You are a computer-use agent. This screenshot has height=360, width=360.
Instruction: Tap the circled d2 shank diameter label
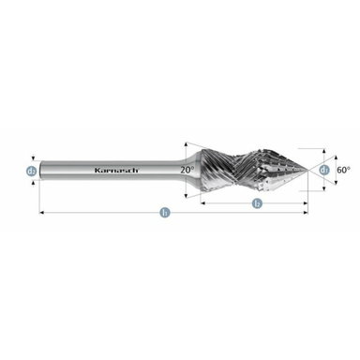pyautogui.click(x=32, y=170)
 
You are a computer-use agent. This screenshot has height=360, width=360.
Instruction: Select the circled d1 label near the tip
pyautogui.click(x=323, y=170)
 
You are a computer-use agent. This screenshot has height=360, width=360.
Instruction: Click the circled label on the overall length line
pyautogui.click(x=165, y=215)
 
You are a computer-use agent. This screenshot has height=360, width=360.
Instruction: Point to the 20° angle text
pyautogui.click(x=188, y=170)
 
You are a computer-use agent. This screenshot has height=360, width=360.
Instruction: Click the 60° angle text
pyautogui.click(x=342, y=170)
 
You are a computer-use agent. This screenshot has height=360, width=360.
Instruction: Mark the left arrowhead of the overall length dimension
pyautogui.click(x=43, y=215)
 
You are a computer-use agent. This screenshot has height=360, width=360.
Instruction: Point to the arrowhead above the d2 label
pyautogui.click(x=32, y=158)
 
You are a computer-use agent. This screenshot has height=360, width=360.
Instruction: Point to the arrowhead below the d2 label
pyautogui.click(x=32, y=182)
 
